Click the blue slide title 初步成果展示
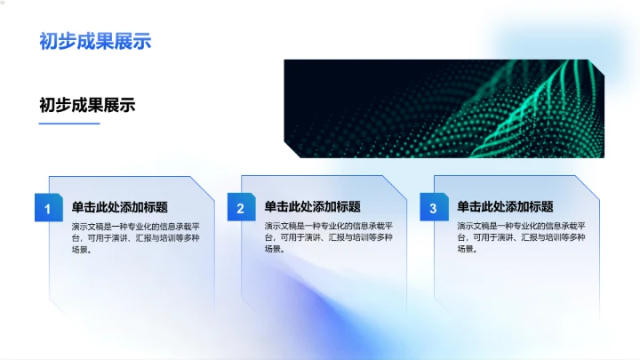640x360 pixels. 95,41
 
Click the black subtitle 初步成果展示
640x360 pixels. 87,104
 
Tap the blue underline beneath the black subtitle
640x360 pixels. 68,124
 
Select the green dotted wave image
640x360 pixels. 444,108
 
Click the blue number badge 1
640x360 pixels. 48,209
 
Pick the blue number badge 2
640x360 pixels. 241,209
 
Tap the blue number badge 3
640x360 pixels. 433,209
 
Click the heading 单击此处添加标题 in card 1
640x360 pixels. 120,207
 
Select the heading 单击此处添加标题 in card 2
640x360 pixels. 312,207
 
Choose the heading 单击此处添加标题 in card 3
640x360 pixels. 505,207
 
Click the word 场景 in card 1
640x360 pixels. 80,250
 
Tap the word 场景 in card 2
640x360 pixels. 273,250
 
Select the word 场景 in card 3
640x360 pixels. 466,250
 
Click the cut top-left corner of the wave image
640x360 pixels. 288,64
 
